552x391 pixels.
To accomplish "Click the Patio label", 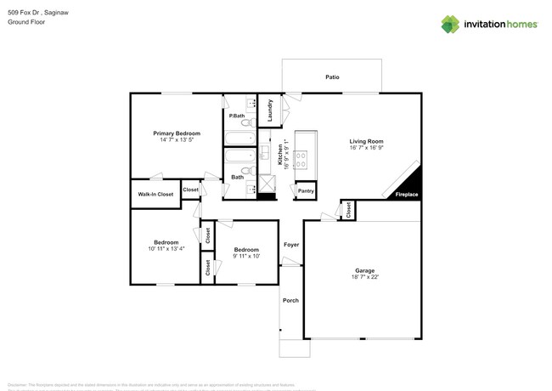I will click(x=332, y=77).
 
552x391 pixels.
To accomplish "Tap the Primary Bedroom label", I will click(x=177, y=133).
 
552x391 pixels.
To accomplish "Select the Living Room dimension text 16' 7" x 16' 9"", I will click(x=366, y=148).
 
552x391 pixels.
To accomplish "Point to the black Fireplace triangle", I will click(x=412, y=184).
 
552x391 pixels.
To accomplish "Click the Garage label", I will click(x=364, y=271).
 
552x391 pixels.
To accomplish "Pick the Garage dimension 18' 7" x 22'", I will click(x=364, y=278).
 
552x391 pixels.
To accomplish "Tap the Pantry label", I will click(x=306, y=191).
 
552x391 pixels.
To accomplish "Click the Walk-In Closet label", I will click(x=155, y=194).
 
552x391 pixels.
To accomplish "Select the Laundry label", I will click(x=269, y=111).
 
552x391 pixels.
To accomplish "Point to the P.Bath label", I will click(x=237, y=116).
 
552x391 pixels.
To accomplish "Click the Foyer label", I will click(x=291, y=244).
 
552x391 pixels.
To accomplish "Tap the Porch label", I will click(x=291, y=300).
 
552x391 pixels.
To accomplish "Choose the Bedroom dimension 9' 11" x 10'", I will click(x=246, y=256).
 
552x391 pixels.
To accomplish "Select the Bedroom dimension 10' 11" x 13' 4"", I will click(x=166, y=249).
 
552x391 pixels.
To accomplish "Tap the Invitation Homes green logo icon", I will click(x=450, y=24).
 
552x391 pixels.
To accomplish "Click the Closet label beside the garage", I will click(x=348, y=210).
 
